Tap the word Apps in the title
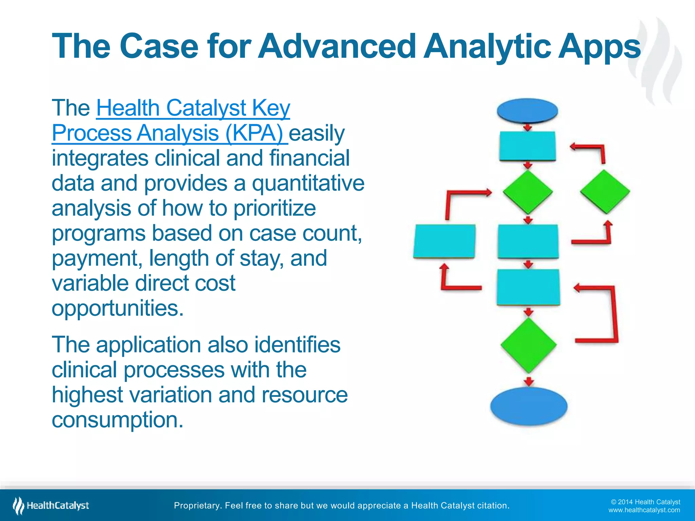(599, 46)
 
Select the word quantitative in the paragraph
(308, 183)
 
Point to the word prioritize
(275, 208)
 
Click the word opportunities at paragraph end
(117, 308)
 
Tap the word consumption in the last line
(117, 420)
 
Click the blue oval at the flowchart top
(527, 111)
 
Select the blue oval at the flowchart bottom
(529, 406)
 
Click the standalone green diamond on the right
(605, 192)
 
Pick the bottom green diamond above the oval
(528, 345)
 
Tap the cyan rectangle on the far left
(444, 241)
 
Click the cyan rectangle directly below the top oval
(527, 146)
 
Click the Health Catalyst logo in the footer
(51, 506)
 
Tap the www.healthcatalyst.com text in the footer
(644, 510)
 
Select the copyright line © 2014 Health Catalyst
(645, 502)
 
